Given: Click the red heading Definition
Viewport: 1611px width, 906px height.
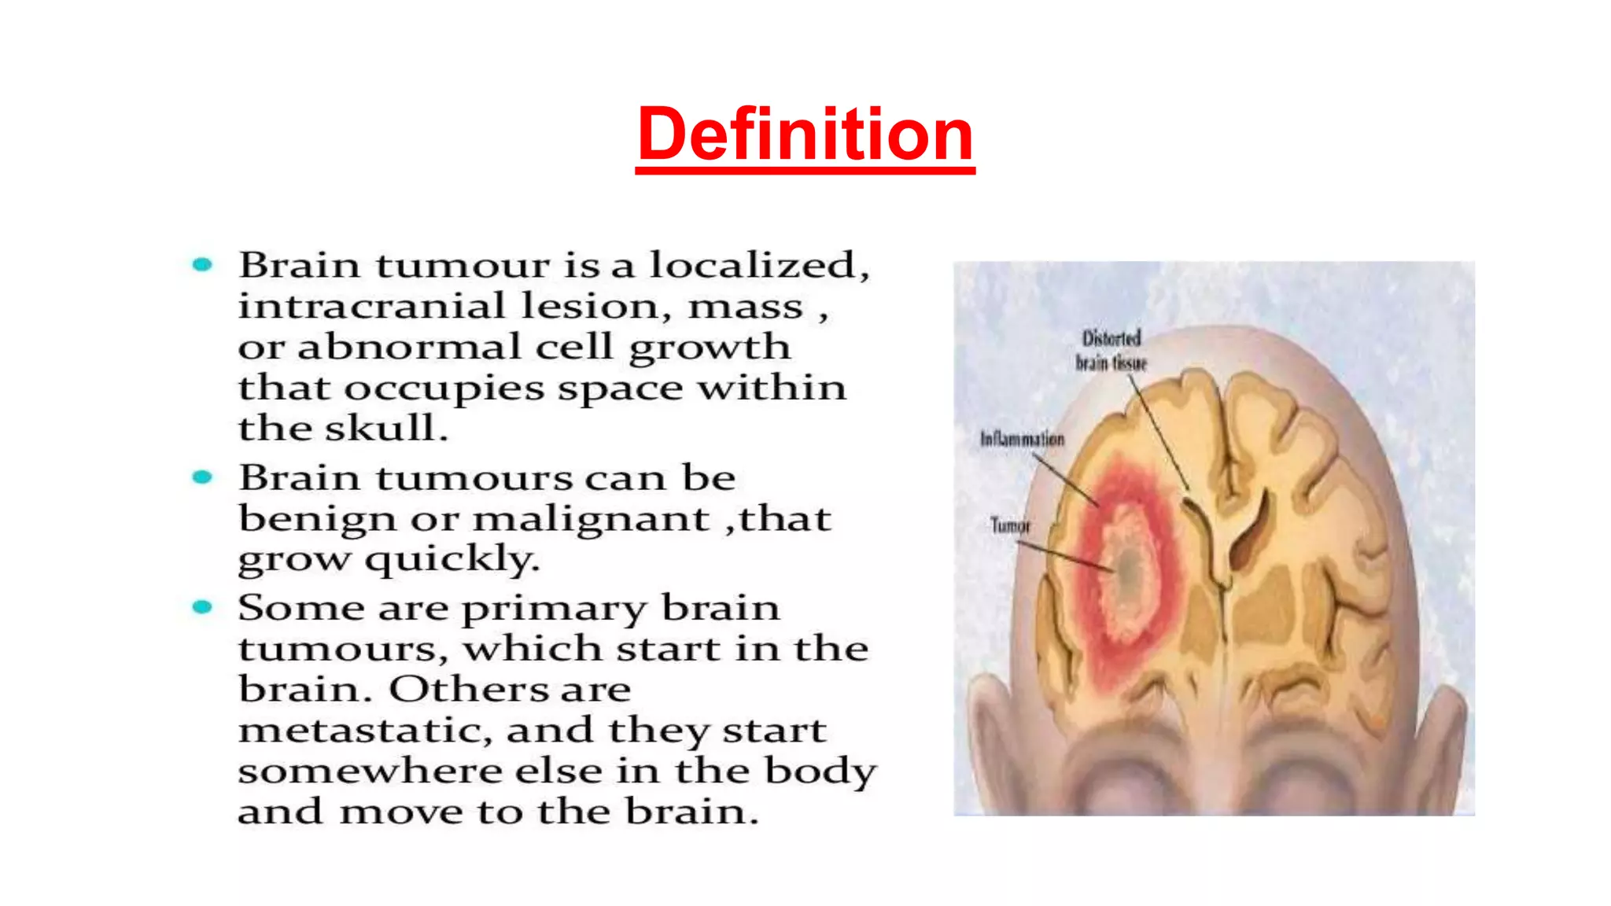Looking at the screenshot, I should [805, 134].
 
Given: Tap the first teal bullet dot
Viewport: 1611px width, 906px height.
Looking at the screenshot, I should [202, 265].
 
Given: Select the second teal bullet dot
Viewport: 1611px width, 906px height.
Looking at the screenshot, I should [202, 477].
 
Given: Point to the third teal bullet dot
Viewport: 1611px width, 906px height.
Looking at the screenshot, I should [202, 607].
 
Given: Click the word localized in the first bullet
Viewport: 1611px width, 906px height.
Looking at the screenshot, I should [758, 265].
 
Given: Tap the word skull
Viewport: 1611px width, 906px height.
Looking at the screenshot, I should [385, 429].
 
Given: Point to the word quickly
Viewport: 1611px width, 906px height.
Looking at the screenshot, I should [452, 560].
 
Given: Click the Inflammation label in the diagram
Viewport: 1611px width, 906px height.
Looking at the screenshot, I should [1022, 439].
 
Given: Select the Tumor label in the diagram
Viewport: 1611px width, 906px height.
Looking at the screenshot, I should [1010, 525].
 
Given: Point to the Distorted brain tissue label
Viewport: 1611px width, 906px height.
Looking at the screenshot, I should [1111, 351].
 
